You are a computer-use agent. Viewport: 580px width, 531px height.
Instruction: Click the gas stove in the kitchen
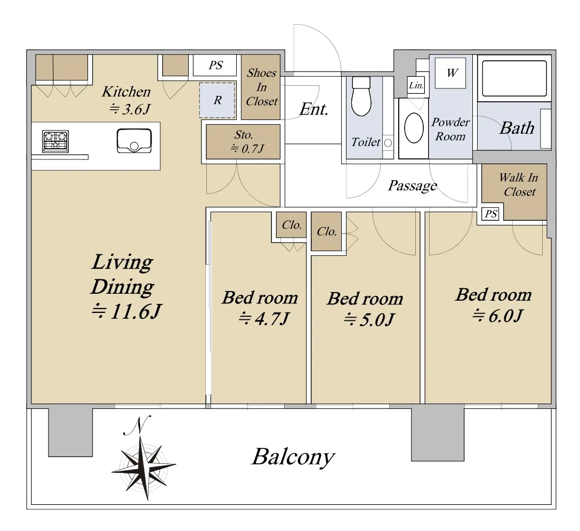coord(55,141)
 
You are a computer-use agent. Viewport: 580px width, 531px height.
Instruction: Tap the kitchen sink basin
coord(134,141)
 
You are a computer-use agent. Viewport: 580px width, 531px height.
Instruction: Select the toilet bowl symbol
coord(361,96)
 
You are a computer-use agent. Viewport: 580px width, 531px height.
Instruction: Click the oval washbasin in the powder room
coord(414,128)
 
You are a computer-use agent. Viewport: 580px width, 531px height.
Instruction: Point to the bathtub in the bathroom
coord(514,78)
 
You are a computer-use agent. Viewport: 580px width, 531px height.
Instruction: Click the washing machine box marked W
coord(450,73)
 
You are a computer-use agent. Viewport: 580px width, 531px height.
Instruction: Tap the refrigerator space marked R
coord(217,100)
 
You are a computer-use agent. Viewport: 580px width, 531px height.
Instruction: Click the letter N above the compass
coord(137,425)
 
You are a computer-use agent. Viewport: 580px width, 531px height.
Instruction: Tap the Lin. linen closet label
coord(416,85)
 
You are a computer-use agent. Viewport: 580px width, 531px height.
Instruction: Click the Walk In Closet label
coord(519,184)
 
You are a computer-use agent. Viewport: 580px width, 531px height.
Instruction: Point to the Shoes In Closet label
coord(262,87)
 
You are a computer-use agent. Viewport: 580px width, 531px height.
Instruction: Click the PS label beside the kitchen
coord(215,66)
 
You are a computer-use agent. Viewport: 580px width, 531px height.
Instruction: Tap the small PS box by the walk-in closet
coord(491,214)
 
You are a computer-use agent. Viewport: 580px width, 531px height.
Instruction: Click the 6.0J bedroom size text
coord(497,316)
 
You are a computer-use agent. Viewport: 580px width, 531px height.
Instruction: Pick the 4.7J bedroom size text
coord(263,318)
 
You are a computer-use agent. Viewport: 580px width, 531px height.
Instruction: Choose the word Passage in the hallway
coord(413,186)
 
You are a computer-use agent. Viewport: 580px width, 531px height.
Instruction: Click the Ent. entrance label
coord(313,109)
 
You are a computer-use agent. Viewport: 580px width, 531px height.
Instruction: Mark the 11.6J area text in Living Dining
coord(126,311)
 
